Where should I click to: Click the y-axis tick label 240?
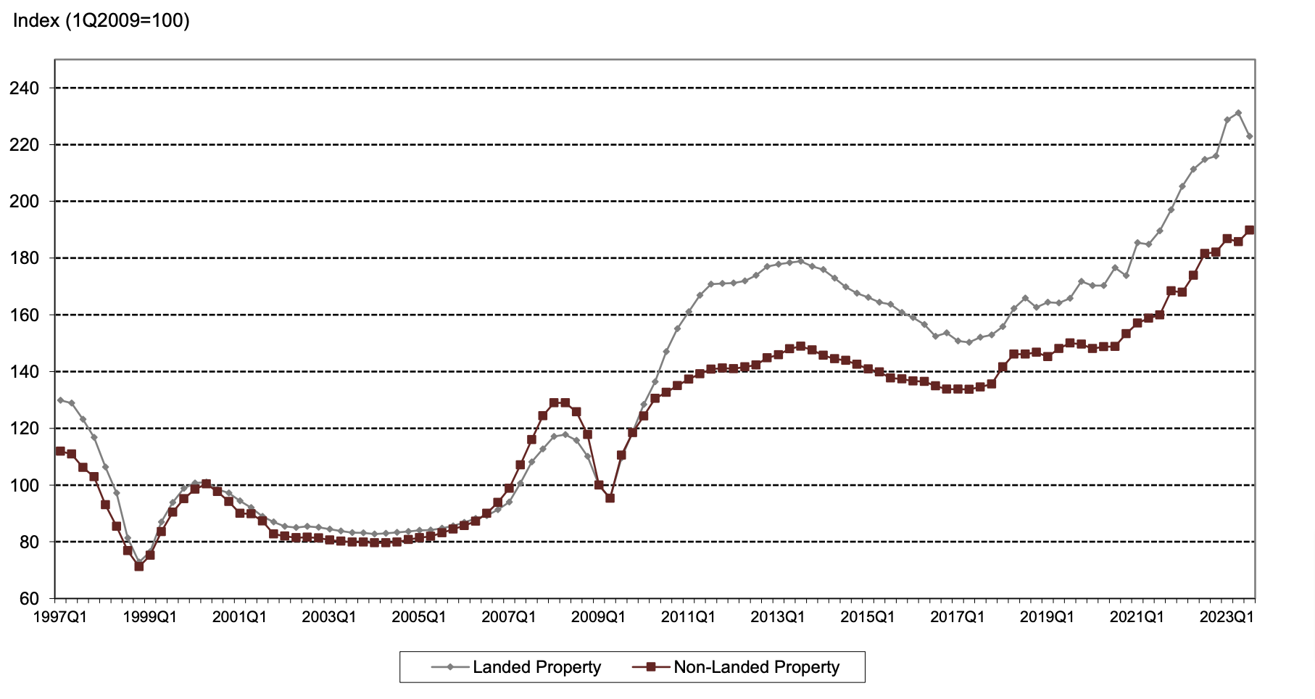[24, 88]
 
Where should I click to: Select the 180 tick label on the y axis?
[24, 258]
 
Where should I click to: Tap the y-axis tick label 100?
[24, 485]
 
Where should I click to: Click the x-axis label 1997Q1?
[59, 617]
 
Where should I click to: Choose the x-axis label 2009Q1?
[598, 617]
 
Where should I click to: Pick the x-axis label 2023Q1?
[1227, 617]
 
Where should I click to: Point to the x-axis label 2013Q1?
[778, 617]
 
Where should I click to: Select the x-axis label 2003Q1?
[328, 617]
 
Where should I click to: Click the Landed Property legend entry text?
[536, 667]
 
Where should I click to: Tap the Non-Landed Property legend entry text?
[756, 667]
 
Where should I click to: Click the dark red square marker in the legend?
[650, 667]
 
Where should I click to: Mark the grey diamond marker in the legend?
[449, 667]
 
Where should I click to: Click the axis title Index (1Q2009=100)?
[101, 21]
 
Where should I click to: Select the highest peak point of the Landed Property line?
[1238, 113]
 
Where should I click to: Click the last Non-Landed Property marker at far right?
[1249, 230]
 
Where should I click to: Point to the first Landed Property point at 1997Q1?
[60, 400]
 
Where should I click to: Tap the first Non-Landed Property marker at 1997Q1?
[60, 451]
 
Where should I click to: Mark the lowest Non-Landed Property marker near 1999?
[138, 566]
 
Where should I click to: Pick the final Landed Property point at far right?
[1249, 136]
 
